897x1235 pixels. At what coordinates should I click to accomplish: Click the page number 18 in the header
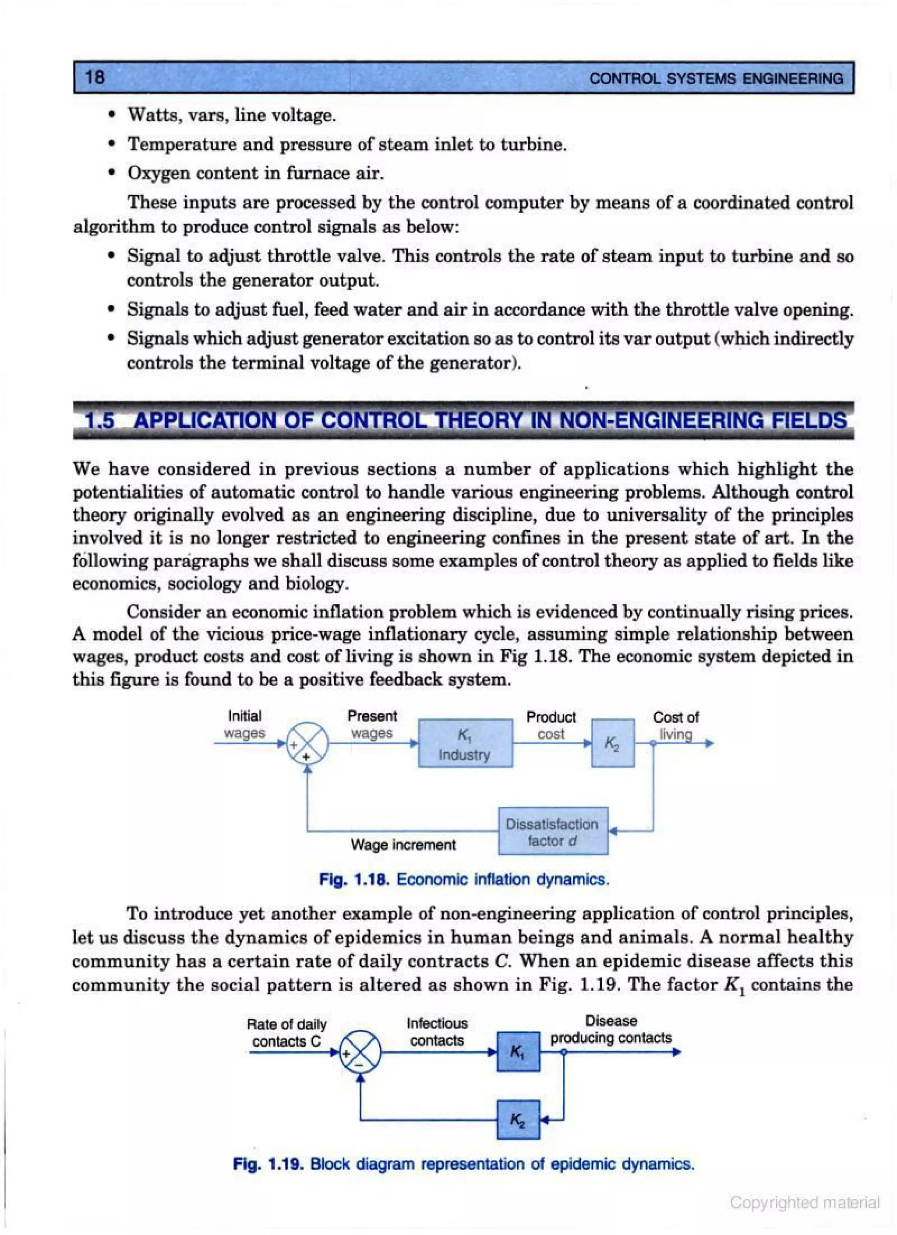tap(95, 77)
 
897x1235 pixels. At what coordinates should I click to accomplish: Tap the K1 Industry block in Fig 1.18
tap(465, 744)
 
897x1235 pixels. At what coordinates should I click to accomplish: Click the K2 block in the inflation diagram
tap(612, 744)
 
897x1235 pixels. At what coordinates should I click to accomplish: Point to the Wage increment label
tap(403, 844)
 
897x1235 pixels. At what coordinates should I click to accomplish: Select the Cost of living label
tap(675, 726)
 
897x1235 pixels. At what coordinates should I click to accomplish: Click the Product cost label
tap(551, 725)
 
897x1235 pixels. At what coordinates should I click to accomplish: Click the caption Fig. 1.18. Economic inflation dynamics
tap(464, 880)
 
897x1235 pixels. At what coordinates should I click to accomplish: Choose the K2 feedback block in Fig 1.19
tap(518, 1119)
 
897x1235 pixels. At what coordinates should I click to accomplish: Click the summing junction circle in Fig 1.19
tap(360, 1052)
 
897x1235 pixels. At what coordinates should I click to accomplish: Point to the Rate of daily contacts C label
tap(286, 1033)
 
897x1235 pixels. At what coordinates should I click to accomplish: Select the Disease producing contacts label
tap(611, 1030)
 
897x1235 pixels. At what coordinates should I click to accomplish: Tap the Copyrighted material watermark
tap(805, 1202)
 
